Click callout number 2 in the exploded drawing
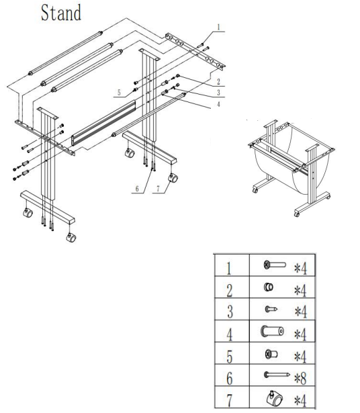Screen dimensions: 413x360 coord(218,81)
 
